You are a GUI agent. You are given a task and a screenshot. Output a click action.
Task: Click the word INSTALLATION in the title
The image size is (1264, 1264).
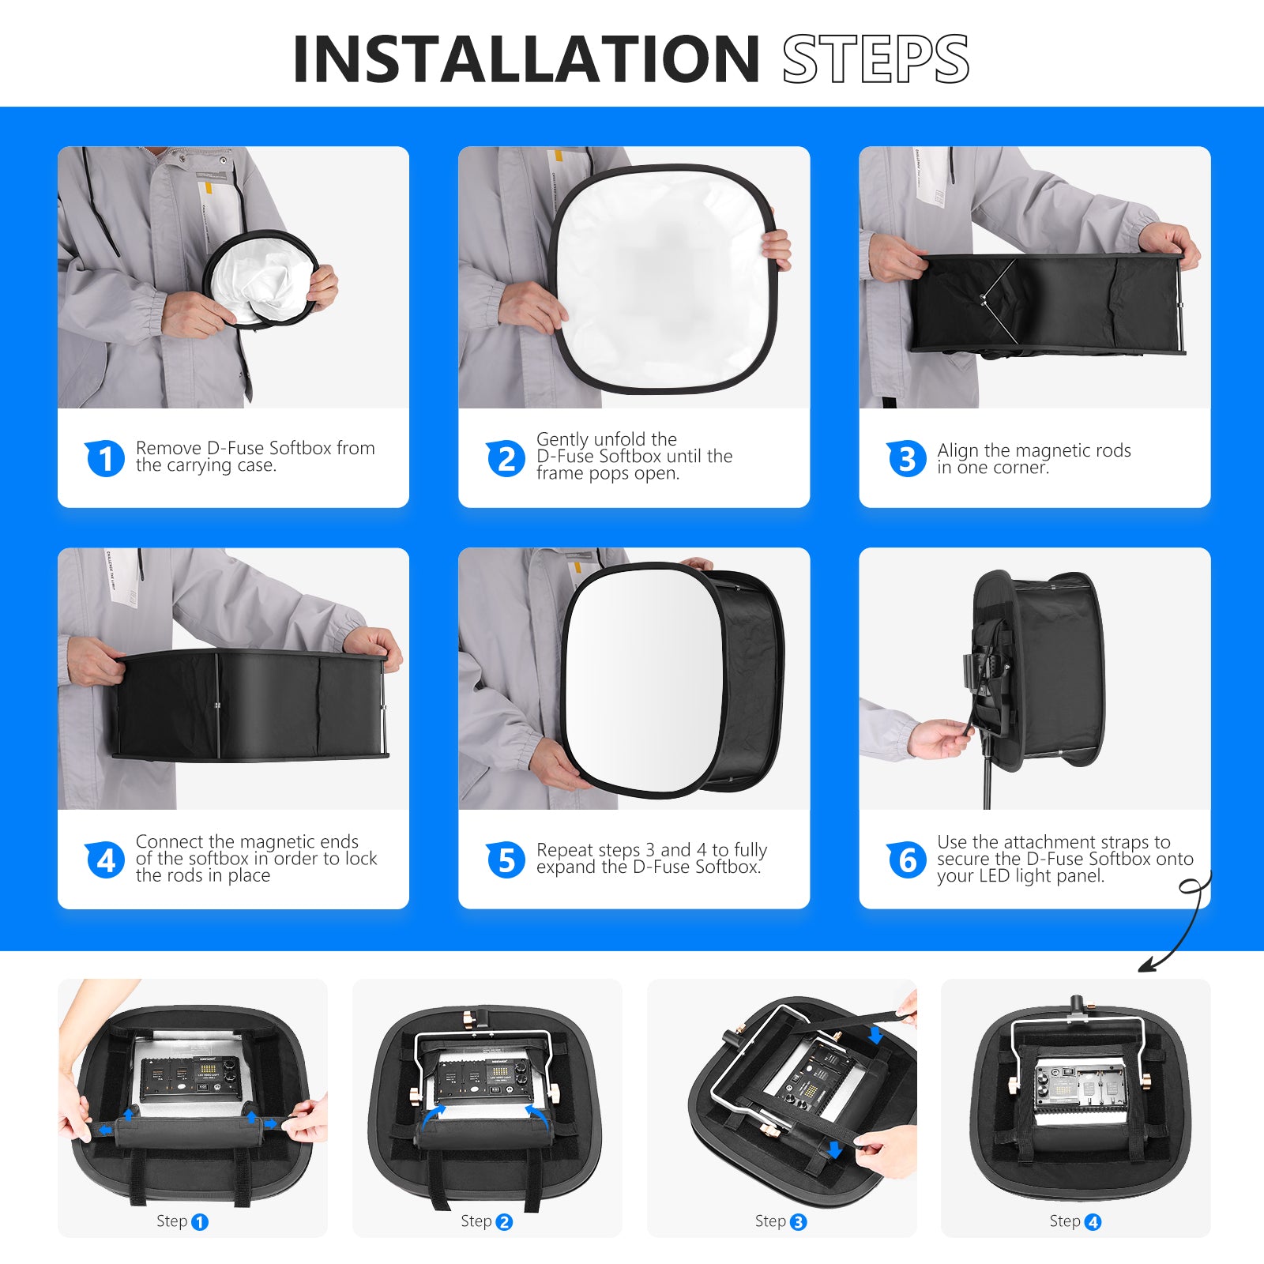(x=525, y=59)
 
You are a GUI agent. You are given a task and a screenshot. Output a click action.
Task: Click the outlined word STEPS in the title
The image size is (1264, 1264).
(x=875, y=59)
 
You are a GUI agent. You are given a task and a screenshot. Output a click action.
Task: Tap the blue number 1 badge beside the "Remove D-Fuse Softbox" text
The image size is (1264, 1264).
(x=105, y=458)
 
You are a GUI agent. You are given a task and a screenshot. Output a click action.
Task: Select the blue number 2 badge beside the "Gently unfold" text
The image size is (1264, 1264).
(x=506, y=458)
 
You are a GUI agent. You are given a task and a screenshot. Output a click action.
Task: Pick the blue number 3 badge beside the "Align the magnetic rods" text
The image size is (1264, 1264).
(x=906, y=458)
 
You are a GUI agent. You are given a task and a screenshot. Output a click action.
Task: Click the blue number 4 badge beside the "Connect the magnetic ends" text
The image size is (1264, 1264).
(x=105, y=860)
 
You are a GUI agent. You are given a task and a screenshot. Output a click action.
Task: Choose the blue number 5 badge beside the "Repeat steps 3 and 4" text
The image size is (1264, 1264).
(x=506, y=860)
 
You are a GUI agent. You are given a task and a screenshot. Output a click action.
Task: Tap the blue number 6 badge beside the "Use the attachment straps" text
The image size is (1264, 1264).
(x=906, y=860)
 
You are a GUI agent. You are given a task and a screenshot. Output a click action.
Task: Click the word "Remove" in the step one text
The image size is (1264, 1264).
(x=168, y=448)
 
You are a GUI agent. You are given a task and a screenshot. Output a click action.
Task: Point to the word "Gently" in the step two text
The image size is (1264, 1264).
(x=562, y=439)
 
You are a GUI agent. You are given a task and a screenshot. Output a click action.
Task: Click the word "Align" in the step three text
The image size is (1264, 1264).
(x=957, y=450)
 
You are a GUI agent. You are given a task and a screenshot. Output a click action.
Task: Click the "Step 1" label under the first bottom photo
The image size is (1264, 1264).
(x=182, y=1221)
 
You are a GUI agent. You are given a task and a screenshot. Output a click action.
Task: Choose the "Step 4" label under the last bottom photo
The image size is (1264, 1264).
(x=1074, y=1221)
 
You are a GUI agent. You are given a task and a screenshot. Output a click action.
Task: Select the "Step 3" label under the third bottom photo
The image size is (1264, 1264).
(x=781, y=1221)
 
